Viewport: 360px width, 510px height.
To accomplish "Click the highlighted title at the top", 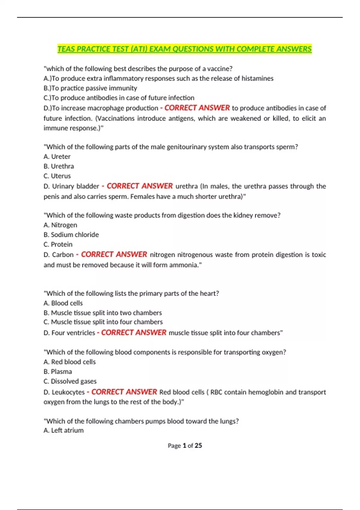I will coord(184,49).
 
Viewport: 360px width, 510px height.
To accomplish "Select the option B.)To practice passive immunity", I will coord(90,88).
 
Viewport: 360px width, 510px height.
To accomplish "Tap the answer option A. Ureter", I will coord(57,157).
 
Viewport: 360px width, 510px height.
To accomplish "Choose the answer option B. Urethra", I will coord(59,166).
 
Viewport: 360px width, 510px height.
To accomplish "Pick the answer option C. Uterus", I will coord(57,176).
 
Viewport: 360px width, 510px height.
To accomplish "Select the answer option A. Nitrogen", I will coord(60,225).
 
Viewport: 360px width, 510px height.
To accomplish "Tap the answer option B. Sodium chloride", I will coord(71,235).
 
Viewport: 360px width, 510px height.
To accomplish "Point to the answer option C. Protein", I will coord(58,244).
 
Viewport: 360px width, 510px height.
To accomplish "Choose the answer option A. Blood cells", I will coord(63,303).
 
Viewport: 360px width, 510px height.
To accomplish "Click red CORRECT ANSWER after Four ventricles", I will coord(133,333).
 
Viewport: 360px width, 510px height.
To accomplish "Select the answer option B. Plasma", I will coord(58,371).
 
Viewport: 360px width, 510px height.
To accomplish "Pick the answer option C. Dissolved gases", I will coord(70,381).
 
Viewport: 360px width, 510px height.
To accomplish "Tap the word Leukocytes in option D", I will coord(68,392).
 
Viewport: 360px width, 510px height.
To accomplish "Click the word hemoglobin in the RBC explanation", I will coord(266,392).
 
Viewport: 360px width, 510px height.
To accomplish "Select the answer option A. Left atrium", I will coord(64,430).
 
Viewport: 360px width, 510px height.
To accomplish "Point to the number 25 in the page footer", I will coord(198,445).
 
